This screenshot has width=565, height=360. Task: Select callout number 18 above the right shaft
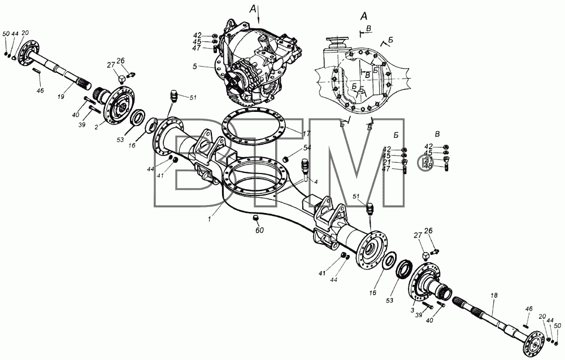coord(494,295)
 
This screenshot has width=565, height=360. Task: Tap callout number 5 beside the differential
coord(195,66)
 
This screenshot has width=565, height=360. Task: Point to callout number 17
coord(306,134)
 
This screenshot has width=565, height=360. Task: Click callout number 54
coord(307,148)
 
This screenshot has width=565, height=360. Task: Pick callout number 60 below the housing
coord(259,230)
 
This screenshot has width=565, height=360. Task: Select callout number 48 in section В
coord(428,166)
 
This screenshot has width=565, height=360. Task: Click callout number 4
coord(316,182)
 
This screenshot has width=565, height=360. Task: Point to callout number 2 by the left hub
coord(97,127)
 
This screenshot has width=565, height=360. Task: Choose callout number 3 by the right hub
coord(412,310)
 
